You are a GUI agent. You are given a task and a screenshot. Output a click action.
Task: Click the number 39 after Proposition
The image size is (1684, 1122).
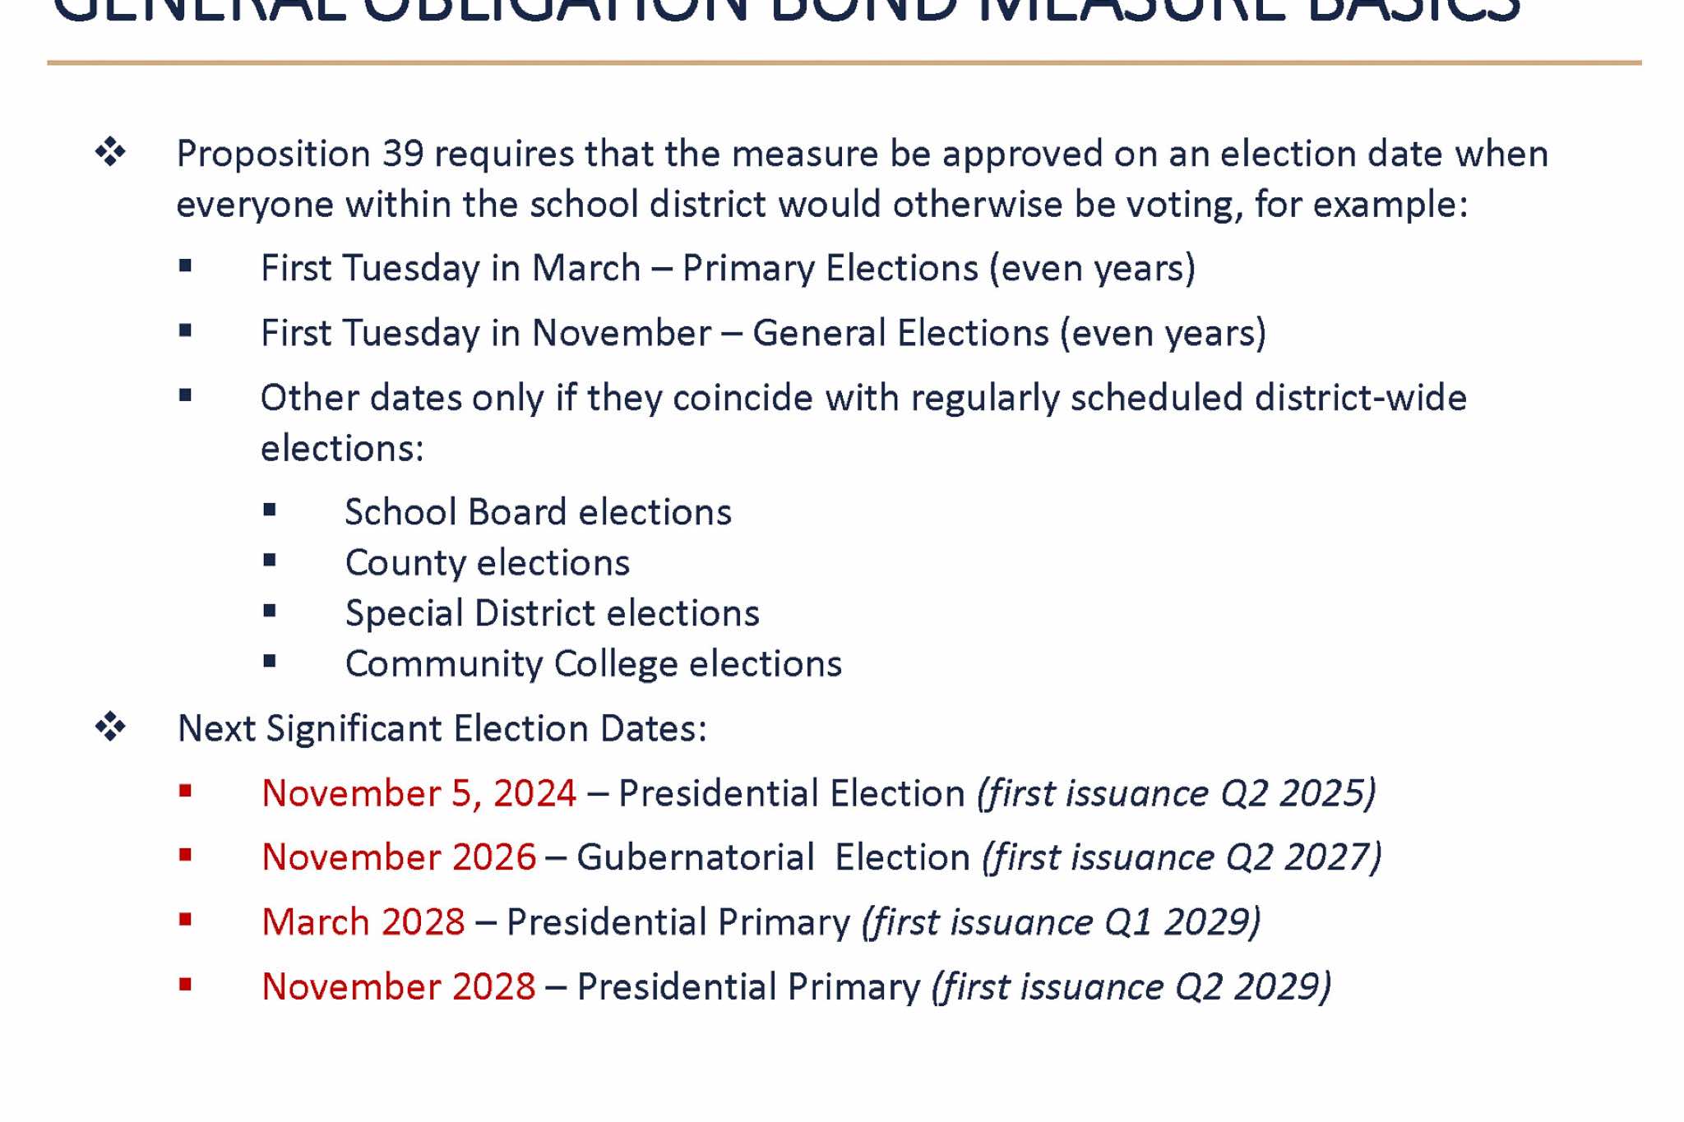tap(403, 155)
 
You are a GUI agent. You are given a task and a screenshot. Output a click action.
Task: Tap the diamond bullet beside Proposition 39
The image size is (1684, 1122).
tap(110, 152)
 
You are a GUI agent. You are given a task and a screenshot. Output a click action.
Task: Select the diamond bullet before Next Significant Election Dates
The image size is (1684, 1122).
tap(110, 727)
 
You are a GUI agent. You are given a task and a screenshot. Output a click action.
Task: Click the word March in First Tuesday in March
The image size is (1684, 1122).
tap(585, 269)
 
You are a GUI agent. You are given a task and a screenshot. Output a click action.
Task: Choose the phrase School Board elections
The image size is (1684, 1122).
tap(538, 512)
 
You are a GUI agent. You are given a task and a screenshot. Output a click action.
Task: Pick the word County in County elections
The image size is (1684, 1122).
tap(405, 563)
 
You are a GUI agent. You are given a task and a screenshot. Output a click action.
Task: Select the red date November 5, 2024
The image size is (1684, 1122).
tap(419, 794)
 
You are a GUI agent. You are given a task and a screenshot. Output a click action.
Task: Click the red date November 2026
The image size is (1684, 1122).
tap(399, 857)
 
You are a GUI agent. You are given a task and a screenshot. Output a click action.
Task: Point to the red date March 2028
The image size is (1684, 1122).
tap(363, 922)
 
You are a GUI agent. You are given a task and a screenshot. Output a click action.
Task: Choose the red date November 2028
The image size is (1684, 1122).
tap(399, 986)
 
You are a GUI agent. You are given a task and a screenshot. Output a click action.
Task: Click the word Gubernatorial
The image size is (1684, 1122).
tap(696, 857)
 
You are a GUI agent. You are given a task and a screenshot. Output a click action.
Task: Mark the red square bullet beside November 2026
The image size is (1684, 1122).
tap(185, 856)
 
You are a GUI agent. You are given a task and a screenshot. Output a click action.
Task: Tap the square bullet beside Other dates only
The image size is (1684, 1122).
tap(185, 396)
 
